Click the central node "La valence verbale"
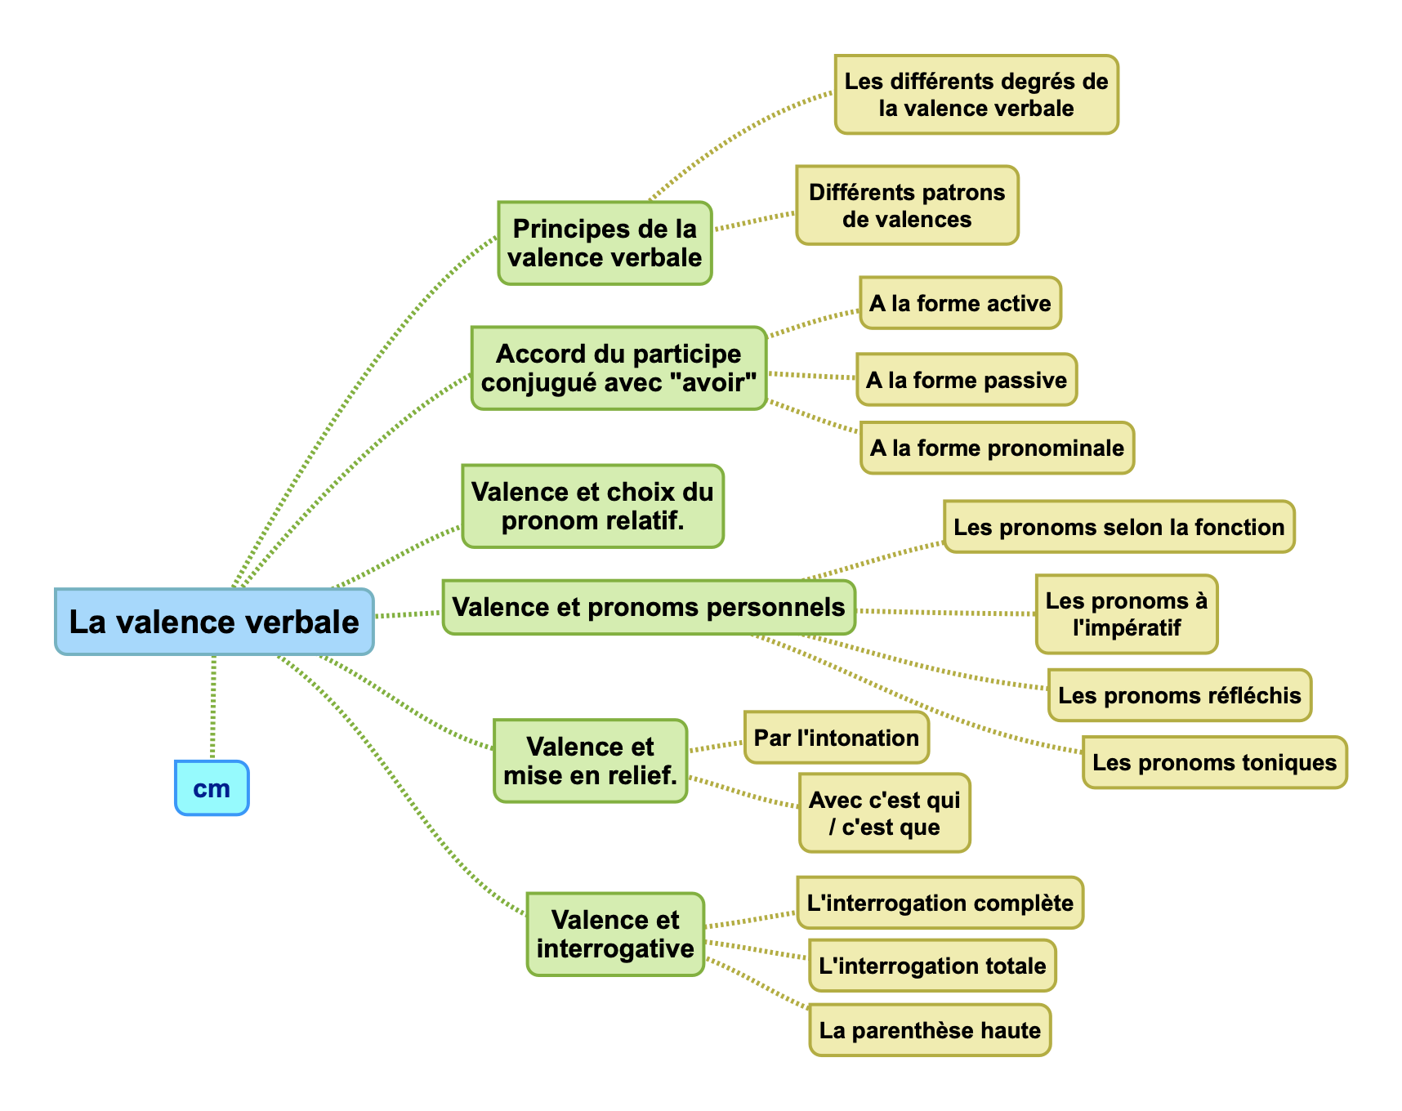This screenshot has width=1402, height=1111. click(x=214, y=622)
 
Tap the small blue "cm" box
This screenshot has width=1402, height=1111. click(x=212, y=788)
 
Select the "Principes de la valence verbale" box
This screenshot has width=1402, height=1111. click(x=605, y=243)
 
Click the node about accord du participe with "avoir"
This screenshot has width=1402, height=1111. click(x=618, y=368)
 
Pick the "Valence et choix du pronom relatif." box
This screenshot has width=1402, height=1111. click(x=592, y=506)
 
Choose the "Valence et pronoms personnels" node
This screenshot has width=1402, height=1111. click(x=648, y=608)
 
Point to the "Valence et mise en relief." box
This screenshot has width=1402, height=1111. click(x=590, y=761)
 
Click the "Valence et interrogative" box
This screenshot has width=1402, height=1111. click(x=615, y=935)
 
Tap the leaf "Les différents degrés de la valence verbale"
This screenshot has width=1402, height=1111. click(x=976, y=95)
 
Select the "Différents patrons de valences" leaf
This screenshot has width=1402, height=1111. click(x=907, y=206)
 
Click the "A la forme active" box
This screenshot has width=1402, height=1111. click(x=960, y=303)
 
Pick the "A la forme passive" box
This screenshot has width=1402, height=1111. click(x=967, y=380)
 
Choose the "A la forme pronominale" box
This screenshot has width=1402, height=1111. click(x=997, y=448)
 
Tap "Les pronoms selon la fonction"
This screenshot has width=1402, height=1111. click(x=1118, y=527)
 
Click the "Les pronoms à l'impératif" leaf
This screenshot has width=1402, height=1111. click(x=1126, y=614)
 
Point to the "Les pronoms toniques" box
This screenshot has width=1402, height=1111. click(x=1214, y=762)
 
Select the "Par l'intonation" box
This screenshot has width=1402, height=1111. click(x=836, y=738)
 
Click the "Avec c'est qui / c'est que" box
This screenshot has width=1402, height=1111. click(x=884, y=814)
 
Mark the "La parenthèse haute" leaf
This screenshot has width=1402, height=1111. click(x=930, y=1030)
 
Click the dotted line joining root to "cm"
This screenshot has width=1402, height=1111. click(x=213, y=707)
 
